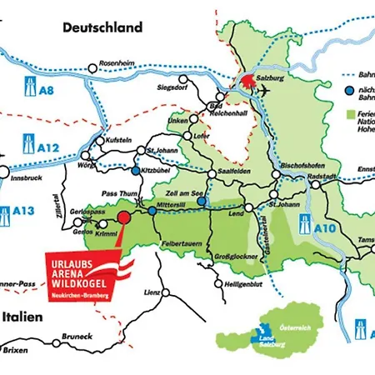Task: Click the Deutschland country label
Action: [x=102, y=27]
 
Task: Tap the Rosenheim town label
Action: [x=116, y=62]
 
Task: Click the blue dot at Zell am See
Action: [x=202, y=201]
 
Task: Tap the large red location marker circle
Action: [x=123, y=217]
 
